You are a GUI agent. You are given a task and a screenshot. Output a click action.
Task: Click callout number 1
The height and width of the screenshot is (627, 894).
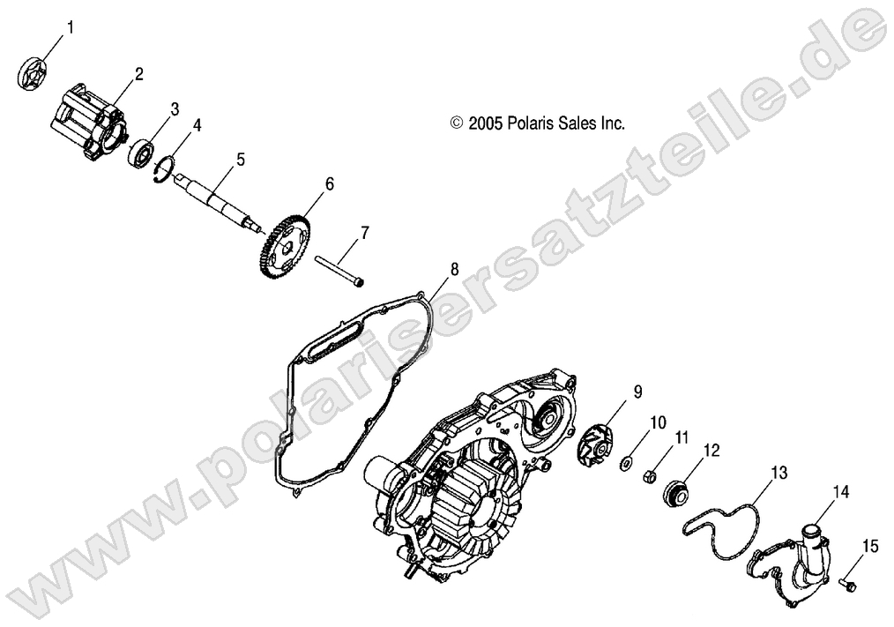71,27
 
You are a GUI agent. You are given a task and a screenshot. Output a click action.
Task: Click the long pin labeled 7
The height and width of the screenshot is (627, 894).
334,268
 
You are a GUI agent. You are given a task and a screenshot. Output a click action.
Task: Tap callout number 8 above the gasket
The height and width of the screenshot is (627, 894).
453,269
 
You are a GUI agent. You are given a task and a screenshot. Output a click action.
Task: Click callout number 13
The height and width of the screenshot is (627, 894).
777,471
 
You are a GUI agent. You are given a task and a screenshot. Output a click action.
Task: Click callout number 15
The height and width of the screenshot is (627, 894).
870,547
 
